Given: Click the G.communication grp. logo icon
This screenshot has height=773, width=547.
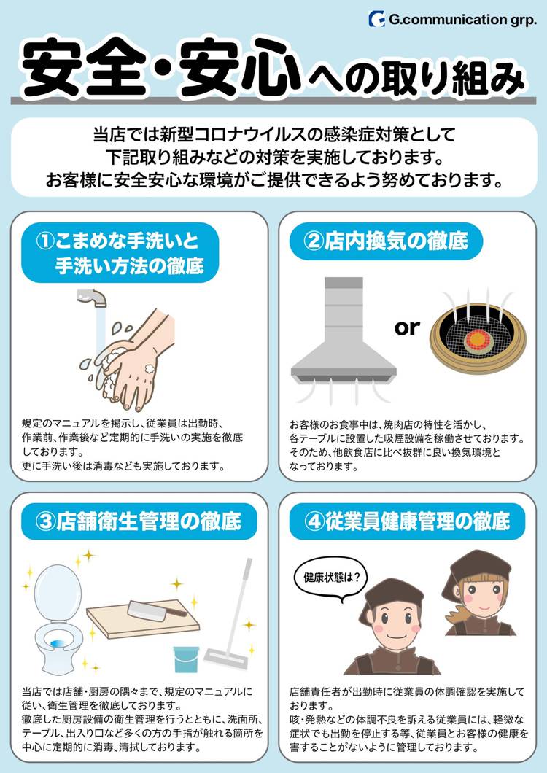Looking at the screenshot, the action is point(377,19).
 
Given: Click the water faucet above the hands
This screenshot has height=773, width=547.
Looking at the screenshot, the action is point(93,298).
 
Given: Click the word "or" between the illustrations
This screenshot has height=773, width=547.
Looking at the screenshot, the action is point(407,327).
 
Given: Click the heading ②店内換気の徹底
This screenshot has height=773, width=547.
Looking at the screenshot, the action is point(385,242).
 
